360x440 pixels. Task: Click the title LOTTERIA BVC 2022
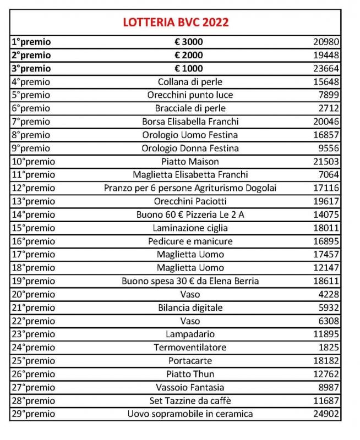pyautogui.click(x=176, y=23)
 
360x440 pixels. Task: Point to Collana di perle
pyautogui.click(x=190, y=82)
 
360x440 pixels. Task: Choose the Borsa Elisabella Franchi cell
pyautogui.click(x=190, y=122)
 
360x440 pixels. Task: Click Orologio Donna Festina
pyautogui.click(x=190, y=148)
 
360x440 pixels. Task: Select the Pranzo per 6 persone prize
pyautogui.click(x=190, y=188)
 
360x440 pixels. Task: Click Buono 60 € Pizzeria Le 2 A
pyautogui.click(x=190, y=215)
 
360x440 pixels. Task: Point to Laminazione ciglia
pyautogui.click(x=190, y=228)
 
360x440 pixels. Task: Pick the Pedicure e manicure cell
pyautogui.click(x=190, y=241)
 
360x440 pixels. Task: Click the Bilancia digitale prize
pyautogui.click(x=190, y=307)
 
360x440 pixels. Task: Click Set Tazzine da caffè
pyautogui.click(x=190, y=400)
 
